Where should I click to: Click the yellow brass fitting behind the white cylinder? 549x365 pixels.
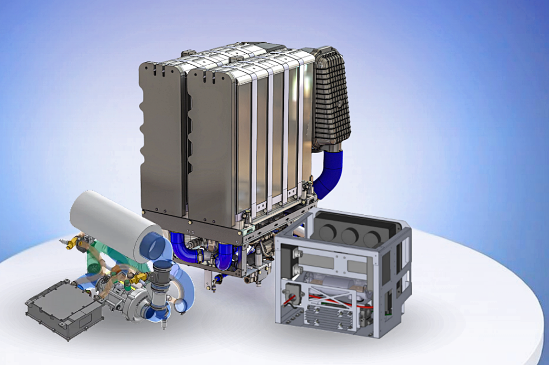tap(74, 242)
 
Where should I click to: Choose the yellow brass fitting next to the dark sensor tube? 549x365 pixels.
tap(141, 277)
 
